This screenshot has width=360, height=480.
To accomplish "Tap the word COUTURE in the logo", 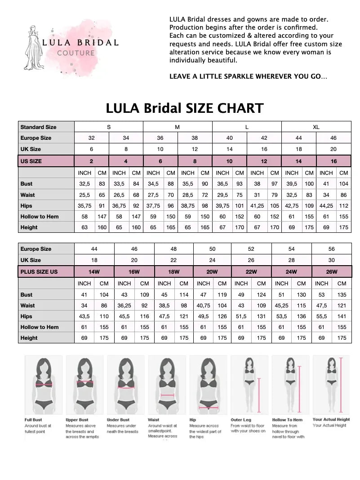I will (76, 53).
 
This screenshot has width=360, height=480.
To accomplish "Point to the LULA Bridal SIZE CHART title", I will (184, 108).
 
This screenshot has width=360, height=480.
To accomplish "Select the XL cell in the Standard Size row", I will (316, 127).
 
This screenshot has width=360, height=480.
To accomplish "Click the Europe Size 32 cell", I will (91, 138).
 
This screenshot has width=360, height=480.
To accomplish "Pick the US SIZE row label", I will (31, 161).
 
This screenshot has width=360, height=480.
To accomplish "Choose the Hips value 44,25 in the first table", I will (326, 205).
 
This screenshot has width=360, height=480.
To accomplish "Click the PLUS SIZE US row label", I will (39, 271).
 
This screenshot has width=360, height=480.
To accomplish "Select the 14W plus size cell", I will (94, 271).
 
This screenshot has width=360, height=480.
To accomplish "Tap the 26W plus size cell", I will (331, 271).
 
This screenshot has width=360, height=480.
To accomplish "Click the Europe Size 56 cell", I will (331, 249).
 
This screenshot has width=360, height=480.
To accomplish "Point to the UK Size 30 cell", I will (331, 260).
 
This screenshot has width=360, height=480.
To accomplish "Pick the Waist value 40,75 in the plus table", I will (204, 306).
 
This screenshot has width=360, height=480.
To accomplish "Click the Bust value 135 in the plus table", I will (342, 295).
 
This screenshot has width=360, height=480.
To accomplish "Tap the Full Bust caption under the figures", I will (33, 420).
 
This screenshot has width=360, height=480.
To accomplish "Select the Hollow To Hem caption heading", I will (288, 420).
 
